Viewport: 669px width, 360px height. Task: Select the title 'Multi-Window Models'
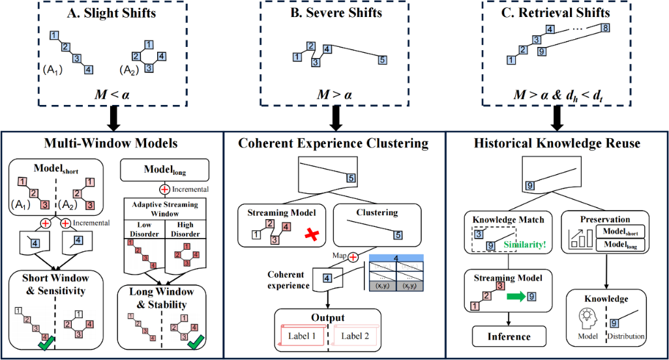(111, 142)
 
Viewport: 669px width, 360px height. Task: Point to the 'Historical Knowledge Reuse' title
(557, 142)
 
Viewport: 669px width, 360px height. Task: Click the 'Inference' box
(510, 337)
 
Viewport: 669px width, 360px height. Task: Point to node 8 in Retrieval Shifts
(605, 27)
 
